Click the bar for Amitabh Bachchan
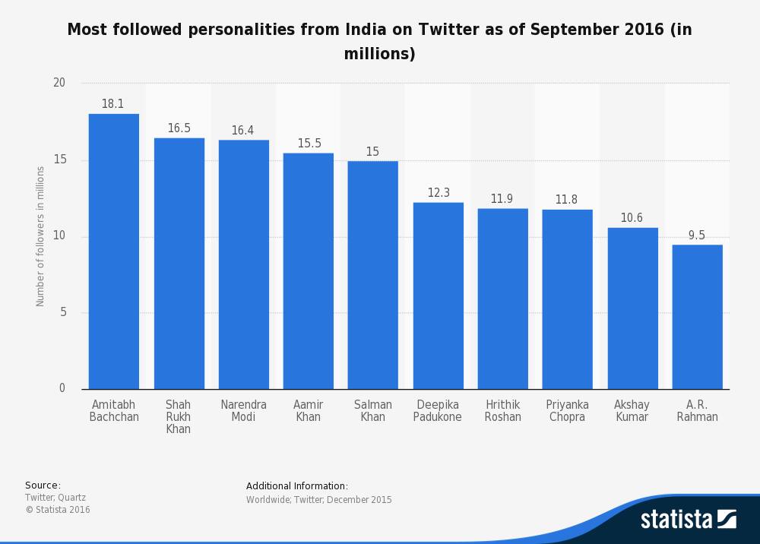click(x=114, y=251)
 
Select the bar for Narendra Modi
click(x=243, y=264)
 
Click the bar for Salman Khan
click(x=372, y=274)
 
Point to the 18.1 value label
click(x=112, y=104)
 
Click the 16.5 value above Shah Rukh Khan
click(x=179, y=128)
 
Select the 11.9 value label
click(x=502, y=199)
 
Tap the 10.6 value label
click(x=632, y=218)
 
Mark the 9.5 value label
click(x=696, y=236)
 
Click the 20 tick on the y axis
click(x=59, y=83)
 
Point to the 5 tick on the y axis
click(x=62, y=313)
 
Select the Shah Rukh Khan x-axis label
click(x=179, y=416)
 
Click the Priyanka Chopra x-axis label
click(x=566, y=411)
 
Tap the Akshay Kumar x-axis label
click(x=632, y=411)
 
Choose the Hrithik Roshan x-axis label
click(x=502, y=411)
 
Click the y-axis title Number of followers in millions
click(x=40, y=236)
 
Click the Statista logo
click(x=688, y=520)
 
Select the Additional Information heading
click(x=297, y=485)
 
